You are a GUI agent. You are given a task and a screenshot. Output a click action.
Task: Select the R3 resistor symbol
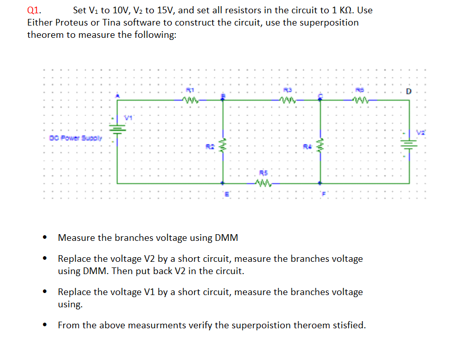coord(288,100)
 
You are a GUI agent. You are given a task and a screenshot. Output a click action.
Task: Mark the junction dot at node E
coord(222,183)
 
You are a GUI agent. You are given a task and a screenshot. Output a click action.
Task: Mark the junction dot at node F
coord(321,183)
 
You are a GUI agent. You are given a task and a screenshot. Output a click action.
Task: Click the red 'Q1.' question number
coord(34,10)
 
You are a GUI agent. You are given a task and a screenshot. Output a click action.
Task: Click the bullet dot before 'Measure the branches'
coord(46,237)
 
